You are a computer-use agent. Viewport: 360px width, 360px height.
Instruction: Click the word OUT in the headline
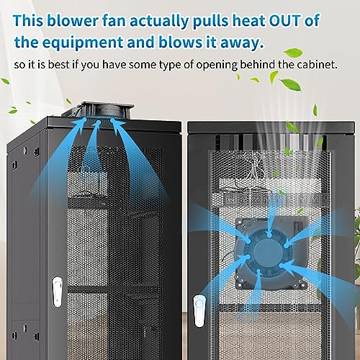(284, 21)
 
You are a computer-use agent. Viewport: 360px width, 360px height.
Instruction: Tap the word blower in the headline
(73, 21)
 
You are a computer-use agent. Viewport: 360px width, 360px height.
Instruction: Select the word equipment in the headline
(83, 43)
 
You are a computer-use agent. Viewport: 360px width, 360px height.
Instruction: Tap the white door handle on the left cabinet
(58, 292)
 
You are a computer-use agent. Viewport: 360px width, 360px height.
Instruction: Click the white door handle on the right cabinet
(199, 311)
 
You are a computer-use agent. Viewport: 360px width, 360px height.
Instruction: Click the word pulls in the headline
(210, 22)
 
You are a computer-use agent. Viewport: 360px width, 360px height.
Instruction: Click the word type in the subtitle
(170, 66)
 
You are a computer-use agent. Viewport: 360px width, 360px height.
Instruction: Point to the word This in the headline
(28, 21)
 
